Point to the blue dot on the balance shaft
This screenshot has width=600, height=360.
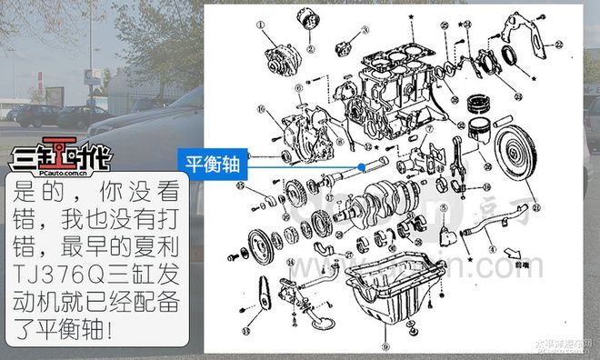[x=367, y=166]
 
